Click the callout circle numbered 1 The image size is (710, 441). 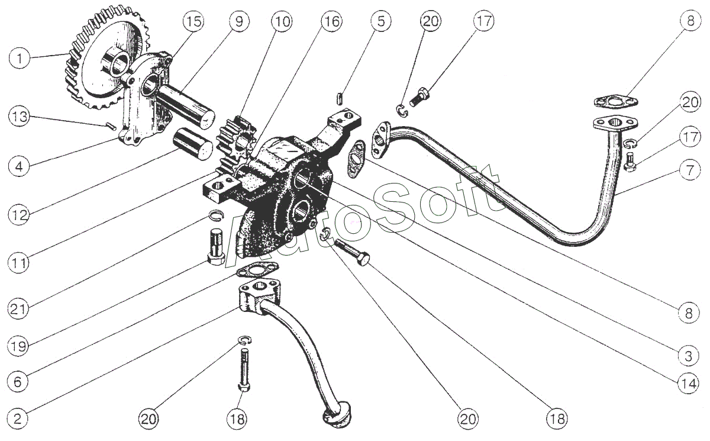(x=19, y=59)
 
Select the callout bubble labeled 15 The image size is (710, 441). (x=193, y=21)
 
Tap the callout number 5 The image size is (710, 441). (x=380, y=21)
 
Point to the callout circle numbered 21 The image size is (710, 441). (x=18, y=309)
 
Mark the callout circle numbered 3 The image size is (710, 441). (x=689, y=356)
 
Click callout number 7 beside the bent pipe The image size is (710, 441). (x=690, y=170)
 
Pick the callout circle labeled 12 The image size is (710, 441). (x=19, y=215)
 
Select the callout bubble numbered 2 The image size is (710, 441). (x=18, y=419)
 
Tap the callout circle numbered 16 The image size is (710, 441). (x=331, y=21)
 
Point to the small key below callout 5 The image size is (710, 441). (x=339, y=98)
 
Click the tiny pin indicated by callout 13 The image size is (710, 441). (x=111, y=126)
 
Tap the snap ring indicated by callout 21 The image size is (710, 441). (x=217, y=216)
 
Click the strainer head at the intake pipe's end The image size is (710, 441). (x=336, y=415)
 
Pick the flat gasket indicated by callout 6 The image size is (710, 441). (x=258, y=269)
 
